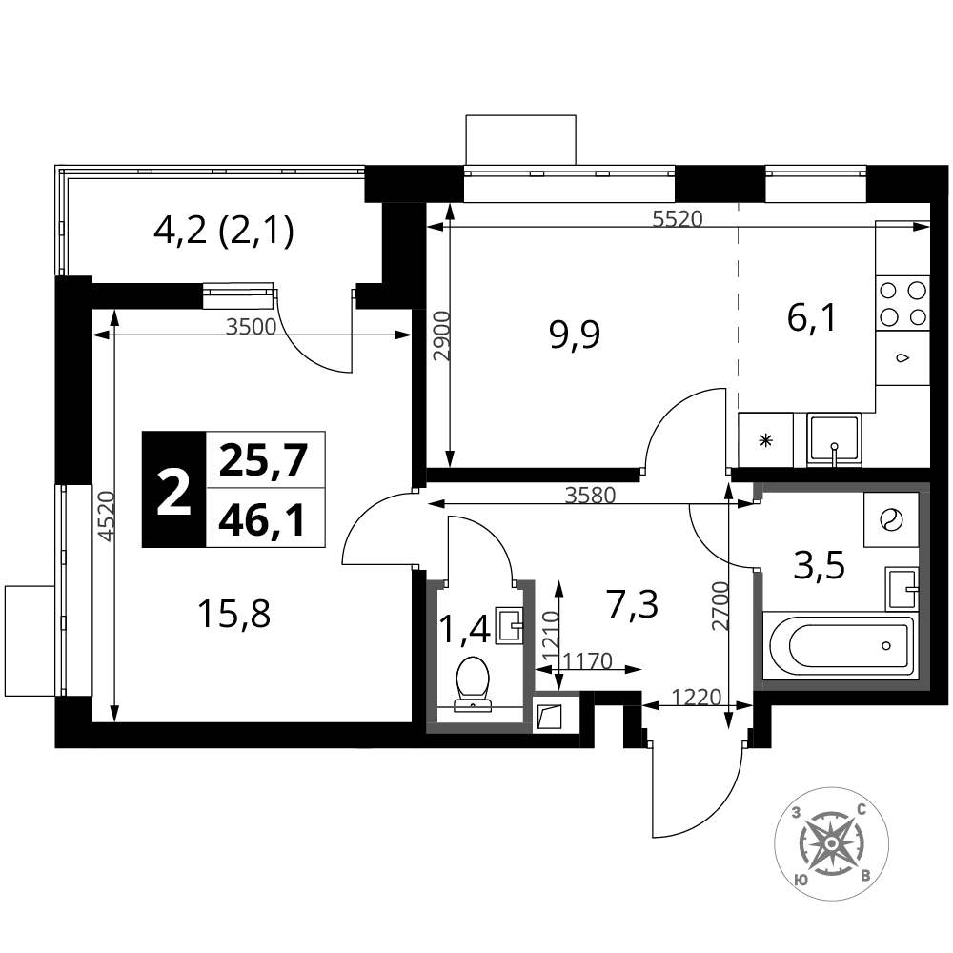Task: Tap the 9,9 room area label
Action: [x=575, y=335]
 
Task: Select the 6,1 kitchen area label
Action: [x=812, y=318]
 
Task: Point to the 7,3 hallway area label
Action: [x=633, y=605]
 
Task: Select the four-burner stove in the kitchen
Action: [x=902, y=303]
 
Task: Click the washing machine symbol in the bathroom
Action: [x=891, y=519]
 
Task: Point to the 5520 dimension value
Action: [x=677, y=218]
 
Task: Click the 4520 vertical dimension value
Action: [x=107, y=516]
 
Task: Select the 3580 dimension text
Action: [x=590, y=496]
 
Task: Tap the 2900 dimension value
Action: [x=442, y=336]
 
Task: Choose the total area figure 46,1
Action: [x=262, y=521]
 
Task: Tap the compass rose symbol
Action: [x=831, y=843]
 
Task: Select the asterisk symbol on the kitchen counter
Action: [x=766, y=440]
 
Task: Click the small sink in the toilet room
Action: [x=509, y=625]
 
